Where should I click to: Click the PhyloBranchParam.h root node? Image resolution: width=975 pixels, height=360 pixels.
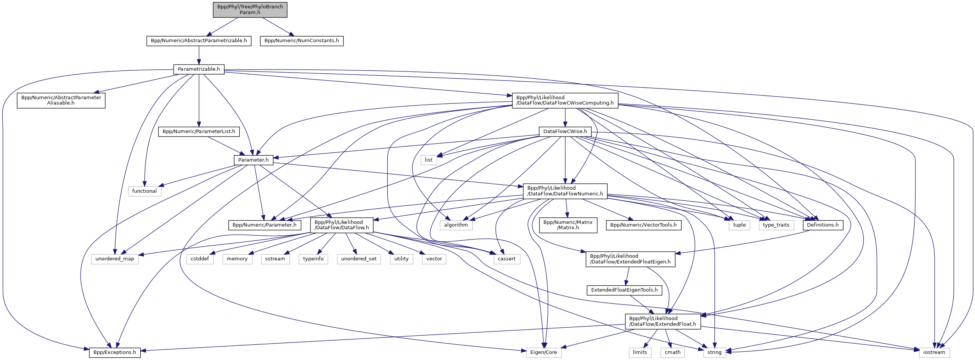(250, 10)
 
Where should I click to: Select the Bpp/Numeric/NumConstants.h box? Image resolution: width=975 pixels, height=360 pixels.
(301, 41)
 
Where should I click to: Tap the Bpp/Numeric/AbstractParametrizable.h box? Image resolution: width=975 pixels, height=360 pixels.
(199, 41)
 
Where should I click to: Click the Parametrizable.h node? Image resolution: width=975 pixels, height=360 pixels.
(199, 69)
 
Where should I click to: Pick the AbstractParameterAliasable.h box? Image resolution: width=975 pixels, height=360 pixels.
(61, 100)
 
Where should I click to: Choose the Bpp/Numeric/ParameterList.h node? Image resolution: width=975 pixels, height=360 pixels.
(199, 132)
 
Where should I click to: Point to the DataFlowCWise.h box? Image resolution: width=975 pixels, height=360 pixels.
(565, 132)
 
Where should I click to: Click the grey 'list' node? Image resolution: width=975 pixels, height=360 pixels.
(429, 160)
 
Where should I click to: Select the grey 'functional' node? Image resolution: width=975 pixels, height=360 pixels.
(144, 191)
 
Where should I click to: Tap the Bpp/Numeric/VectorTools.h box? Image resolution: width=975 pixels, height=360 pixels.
(643, 225)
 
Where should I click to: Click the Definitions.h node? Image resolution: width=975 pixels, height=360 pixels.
(823, 225)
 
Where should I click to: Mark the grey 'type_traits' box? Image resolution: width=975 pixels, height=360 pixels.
(776, 225)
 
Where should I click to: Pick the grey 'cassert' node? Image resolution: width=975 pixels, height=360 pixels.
(506, 259)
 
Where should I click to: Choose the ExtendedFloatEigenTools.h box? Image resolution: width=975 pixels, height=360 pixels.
(624, 290)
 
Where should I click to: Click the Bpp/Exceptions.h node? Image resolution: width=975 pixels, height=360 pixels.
(115, 352)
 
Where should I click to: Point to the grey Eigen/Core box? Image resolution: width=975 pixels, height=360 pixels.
(543, 352)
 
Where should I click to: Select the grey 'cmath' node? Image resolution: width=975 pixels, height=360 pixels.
(673, 352)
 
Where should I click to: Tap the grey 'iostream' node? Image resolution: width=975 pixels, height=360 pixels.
(934, 352)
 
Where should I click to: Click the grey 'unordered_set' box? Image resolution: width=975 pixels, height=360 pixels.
(359, 259)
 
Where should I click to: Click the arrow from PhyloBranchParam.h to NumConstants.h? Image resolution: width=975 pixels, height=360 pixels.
(276, 26)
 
